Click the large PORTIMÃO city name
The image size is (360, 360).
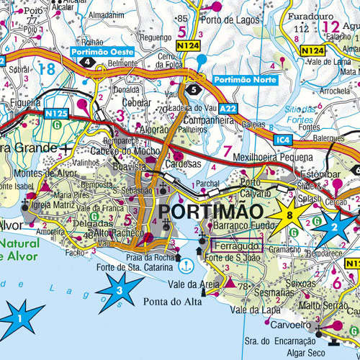point(210,212)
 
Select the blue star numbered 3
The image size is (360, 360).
point(120,290)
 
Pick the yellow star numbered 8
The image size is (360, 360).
point(289,215)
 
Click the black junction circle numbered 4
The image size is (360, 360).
point(87,63)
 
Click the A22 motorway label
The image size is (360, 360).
point(228,108)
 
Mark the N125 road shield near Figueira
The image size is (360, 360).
point(55,112)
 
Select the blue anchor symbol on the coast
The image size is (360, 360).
point(185,265)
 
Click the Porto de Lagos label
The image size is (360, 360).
point(234,19)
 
